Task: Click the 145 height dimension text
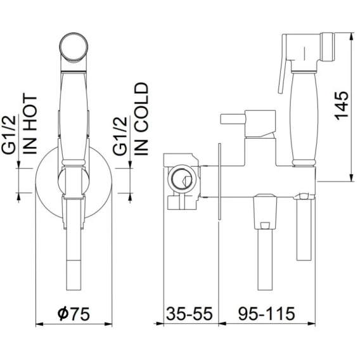pyautogui.click(x=342, y=105)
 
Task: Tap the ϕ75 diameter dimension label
pyautogui.click(x=74, y=313)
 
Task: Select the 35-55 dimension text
pyautogui.click(x=190, y=313)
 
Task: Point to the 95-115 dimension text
pyautogui.click(x=266, y=313)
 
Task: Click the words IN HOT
pyautogui.click(x=30, y=124)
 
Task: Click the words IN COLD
pyautogui.click(x=141, y=119)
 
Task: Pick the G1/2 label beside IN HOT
pyautogui.click(x=9, y=134)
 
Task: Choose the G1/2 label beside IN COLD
pyautogui.click(x=120, y=136)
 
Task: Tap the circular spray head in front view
pyautogui.click(x=74, y=47)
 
